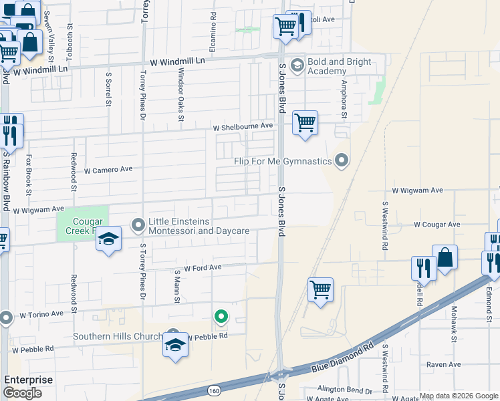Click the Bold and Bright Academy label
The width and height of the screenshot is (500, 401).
tap(340, 66)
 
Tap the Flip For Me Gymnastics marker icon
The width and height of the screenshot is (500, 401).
tap(342, 160)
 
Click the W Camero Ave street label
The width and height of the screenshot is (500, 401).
tap(108, 170)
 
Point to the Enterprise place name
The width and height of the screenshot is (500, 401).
tap(29, 380)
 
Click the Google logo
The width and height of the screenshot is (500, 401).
tap(22, 393)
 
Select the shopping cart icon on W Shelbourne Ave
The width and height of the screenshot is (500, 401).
tap(305, 123)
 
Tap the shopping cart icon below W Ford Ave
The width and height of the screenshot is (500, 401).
tap(321, 290)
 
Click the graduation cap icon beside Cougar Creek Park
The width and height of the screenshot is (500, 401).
tap(108, 239)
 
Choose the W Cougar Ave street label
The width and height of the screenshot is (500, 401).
tap(436, 225)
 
